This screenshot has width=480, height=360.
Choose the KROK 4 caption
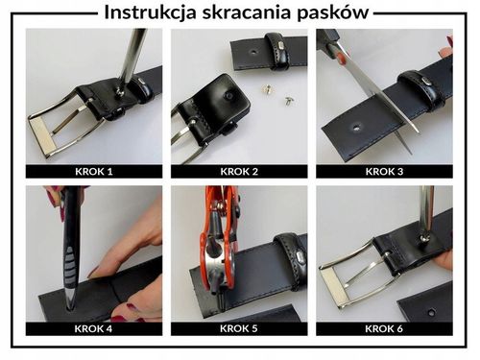click(93, 328)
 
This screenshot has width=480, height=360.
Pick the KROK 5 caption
click(239, 328)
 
